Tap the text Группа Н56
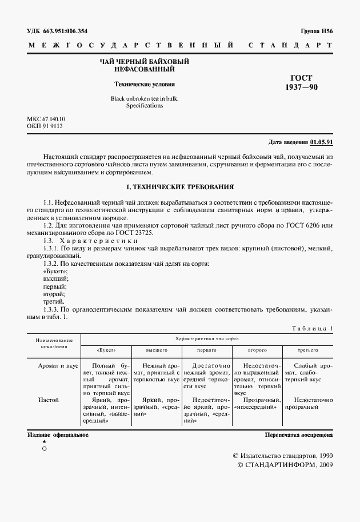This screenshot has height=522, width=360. (x=317, y=31)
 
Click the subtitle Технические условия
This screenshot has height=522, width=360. (x=144, y=83)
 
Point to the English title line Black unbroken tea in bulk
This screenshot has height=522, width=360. (x=144, y=98)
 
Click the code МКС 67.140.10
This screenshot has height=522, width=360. (x=46, y=118)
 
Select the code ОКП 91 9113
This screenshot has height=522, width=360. (x=45, y=126)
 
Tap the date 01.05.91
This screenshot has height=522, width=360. (x=322, y=142)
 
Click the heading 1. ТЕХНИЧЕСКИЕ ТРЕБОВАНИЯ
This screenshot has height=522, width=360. (x=179, y=187)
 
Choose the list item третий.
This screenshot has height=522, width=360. (x=54, y=301)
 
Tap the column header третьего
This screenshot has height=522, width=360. (x=308, y=349)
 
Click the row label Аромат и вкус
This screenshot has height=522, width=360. (x=58, y=365)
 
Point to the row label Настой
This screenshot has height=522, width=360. (x=49, y=400)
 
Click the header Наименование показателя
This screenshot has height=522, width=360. (x=54, y=342)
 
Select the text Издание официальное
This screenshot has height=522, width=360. (x=58, y=435)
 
